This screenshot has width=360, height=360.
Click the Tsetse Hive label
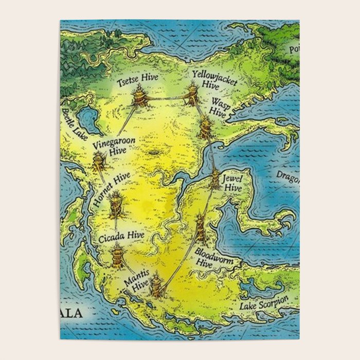[x=137, y=81]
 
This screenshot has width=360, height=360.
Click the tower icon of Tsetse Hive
[x=139, y=96]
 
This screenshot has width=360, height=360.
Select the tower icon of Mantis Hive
[x=156, y=284]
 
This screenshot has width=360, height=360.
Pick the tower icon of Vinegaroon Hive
[x=99, y=161]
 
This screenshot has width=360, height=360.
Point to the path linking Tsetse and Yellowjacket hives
[x=166, y=98]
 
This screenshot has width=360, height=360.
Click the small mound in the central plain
[x=155, y=153]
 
